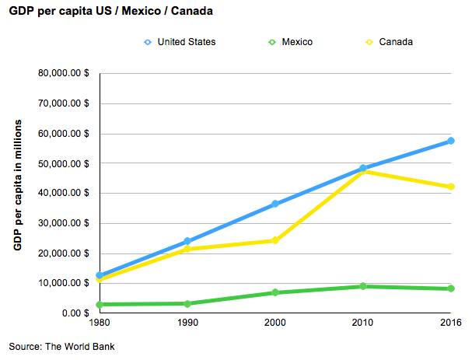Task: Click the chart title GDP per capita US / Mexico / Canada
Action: (x=112, y=13)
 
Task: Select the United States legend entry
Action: (x=179, y=41)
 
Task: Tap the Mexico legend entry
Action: (x=289, y=41)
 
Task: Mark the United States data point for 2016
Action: (x=450, y=141)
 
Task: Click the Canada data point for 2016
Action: (x=450, y=187)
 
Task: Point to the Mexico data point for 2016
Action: (x=450, y=288)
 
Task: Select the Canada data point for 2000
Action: (x=274, y=240)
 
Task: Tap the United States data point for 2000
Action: (x=274, y=204)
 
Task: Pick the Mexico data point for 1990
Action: (x=187, y=303)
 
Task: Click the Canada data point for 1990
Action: (x=187, y=249)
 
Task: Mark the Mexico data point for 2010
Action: (x=362, y=286)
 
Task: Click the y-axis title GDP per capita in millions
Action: (x=17, y=185)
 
